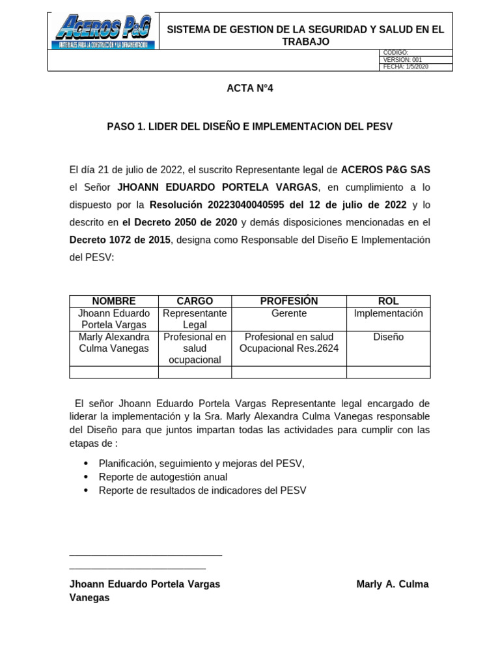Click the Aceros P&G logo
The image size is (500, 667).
pyautogui.click(x=103, y=32)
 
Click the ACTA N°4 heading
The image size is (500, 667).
pyautogui.click(x=249, y=89)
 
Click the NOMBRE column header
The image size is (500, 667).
pyautogui.click(x=114, y=301)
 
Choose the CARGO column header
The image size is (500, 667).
pyautogui.click(x=195, y=301)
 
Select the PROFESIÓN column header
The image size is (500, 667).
pyautogui.click(x=289, y=301)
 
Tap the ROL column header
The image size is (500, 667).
pyautogui.click(x=388, y=301)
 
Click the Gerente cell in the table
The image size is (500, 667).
pyautogui.click(x=289, y=313)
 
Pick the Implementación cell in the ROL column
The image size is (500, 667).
pyautogui.click(x=388, y=313)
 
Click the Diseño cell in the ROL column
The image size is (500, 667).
pyautogui.click(x=388, y=337)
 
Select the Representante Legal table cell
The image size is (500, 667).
pyautogui.click(x=195, y=319)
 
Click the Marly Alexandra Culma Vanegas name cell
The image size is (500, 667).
pyautogui.click(x=114, y=343)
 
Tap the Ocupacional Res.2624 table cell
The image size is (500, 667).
pyautogui.click(x=289, y=348)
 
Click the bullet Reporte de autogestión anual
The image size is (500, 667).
pyautogui.click(x=163, y=477)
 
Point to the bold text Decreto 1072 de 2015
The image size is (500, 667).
pyautogui.click(x=120, y=240)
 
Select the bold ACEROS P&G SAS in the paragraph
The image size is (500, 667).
pyautogui.click(x=385, y=169)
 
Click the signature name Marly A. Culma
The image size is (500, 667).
pyautogui.click(x=393, y=584)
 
